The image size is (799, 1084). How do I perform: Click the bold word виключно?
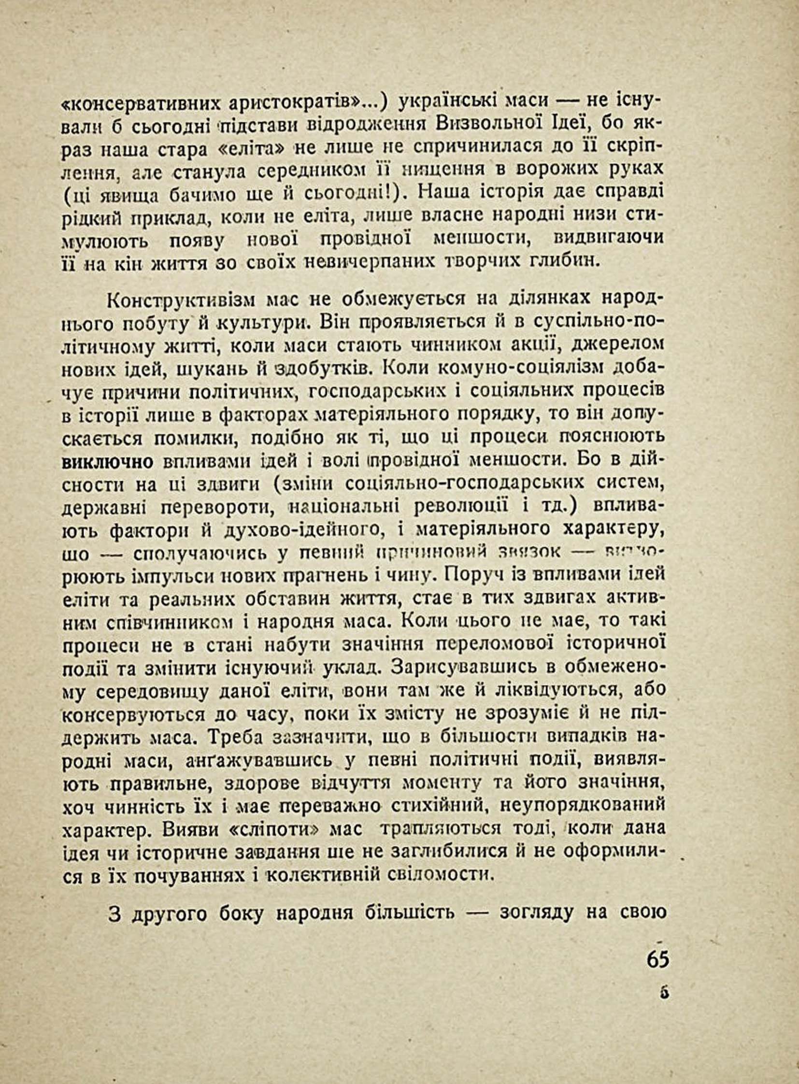(108, 462)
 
